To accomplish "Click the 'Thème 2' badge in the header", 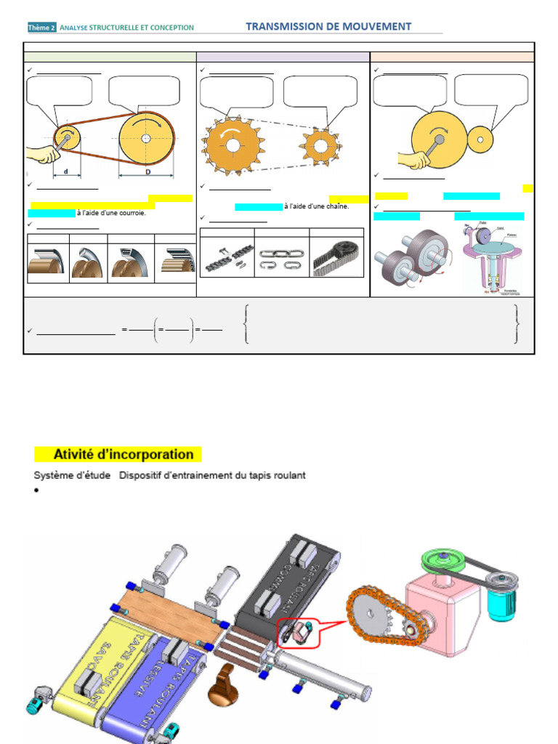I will pos(41,28).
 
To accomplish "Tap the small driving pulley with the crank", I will pos(67,136).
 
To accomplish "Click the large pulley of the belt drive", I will pos(147,137).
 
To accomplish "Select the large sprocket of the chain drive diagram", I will pos(232,145).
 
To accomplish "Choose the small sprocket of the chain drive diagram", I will pos(319,145).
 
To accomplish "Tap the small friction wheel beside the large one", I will pos(480,139).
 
